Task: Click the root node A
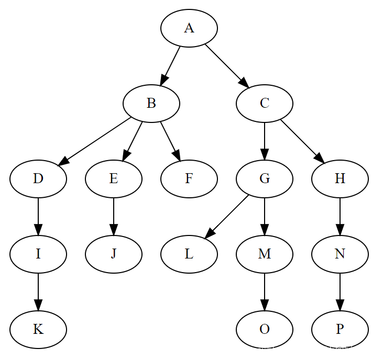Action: coord(189,28)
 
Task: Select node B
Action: coord(151,104)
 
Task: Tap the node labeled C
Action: coord(265,104)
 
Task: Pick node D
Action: coord(38,179)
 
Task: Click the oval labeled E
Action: coord(114,179)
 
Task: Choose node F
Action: coord(189,179)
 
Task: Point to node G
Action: coord(265,179)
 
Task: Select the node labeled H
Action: coord(340,179)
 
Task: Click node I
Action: coord(38,254)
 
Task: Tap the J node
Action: coord(114,254)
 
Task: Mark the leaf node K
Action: coord(38,330)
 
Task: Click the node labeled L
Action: coord(189,254)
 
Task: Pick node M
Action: coord(265,254)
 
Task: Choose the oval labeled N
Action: coord(340,254)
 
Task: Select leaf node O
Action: coord(265,330)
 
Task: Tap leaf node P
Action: coord(340,330)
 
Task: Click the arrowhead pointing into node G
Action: coord(265,153)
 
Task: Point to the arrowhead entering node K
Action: coord(38,304)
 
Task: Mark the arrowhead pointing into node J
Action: coord(114,229)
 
